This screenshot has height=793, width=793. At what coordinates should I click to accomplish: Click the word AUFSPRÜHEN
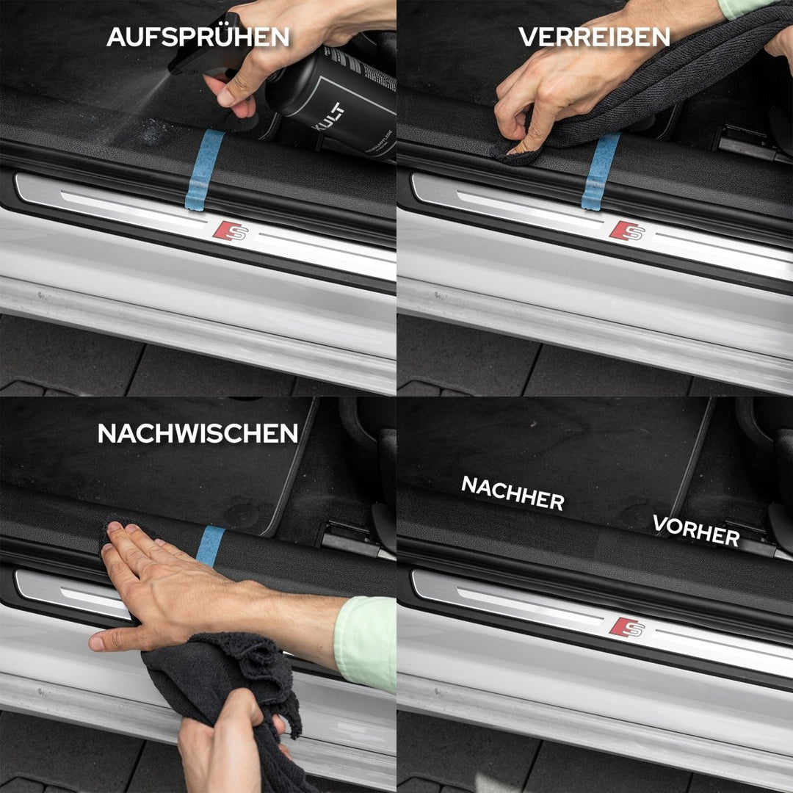tap(198, 37)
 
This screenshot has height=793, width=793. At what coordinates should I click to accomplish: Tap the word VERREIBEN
tap(594, 37)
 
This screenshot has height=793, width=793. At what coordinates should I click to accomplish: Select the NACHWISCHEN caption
tap(198, 433)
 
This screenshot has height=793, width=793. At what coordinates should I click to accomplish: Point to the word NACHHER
tap(513, 493)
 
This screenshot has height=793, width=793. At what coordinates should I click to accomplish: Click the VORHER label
tap(695, 530)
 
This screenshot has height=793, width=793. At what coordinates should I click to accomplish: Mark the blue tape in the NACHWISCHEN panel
tap(211, 545)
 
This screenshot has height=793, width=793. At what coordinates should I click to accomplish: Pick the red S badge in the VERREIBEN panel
tap(626, 231)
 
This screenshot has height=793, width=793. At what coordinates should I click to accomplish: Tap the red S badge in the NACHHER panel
tap(626, 627)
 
